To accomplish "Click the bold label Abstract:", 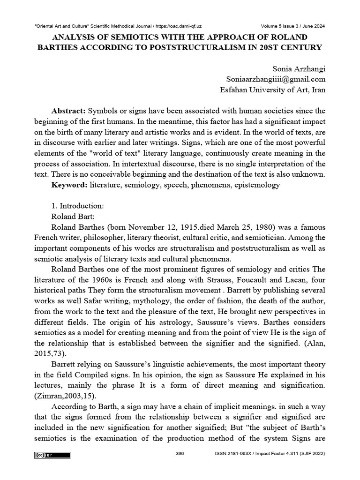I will coord(68,110).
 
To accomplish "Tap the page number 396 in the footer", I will coord(180,454).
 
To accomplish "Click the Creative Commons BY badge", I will coord(52,455).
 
